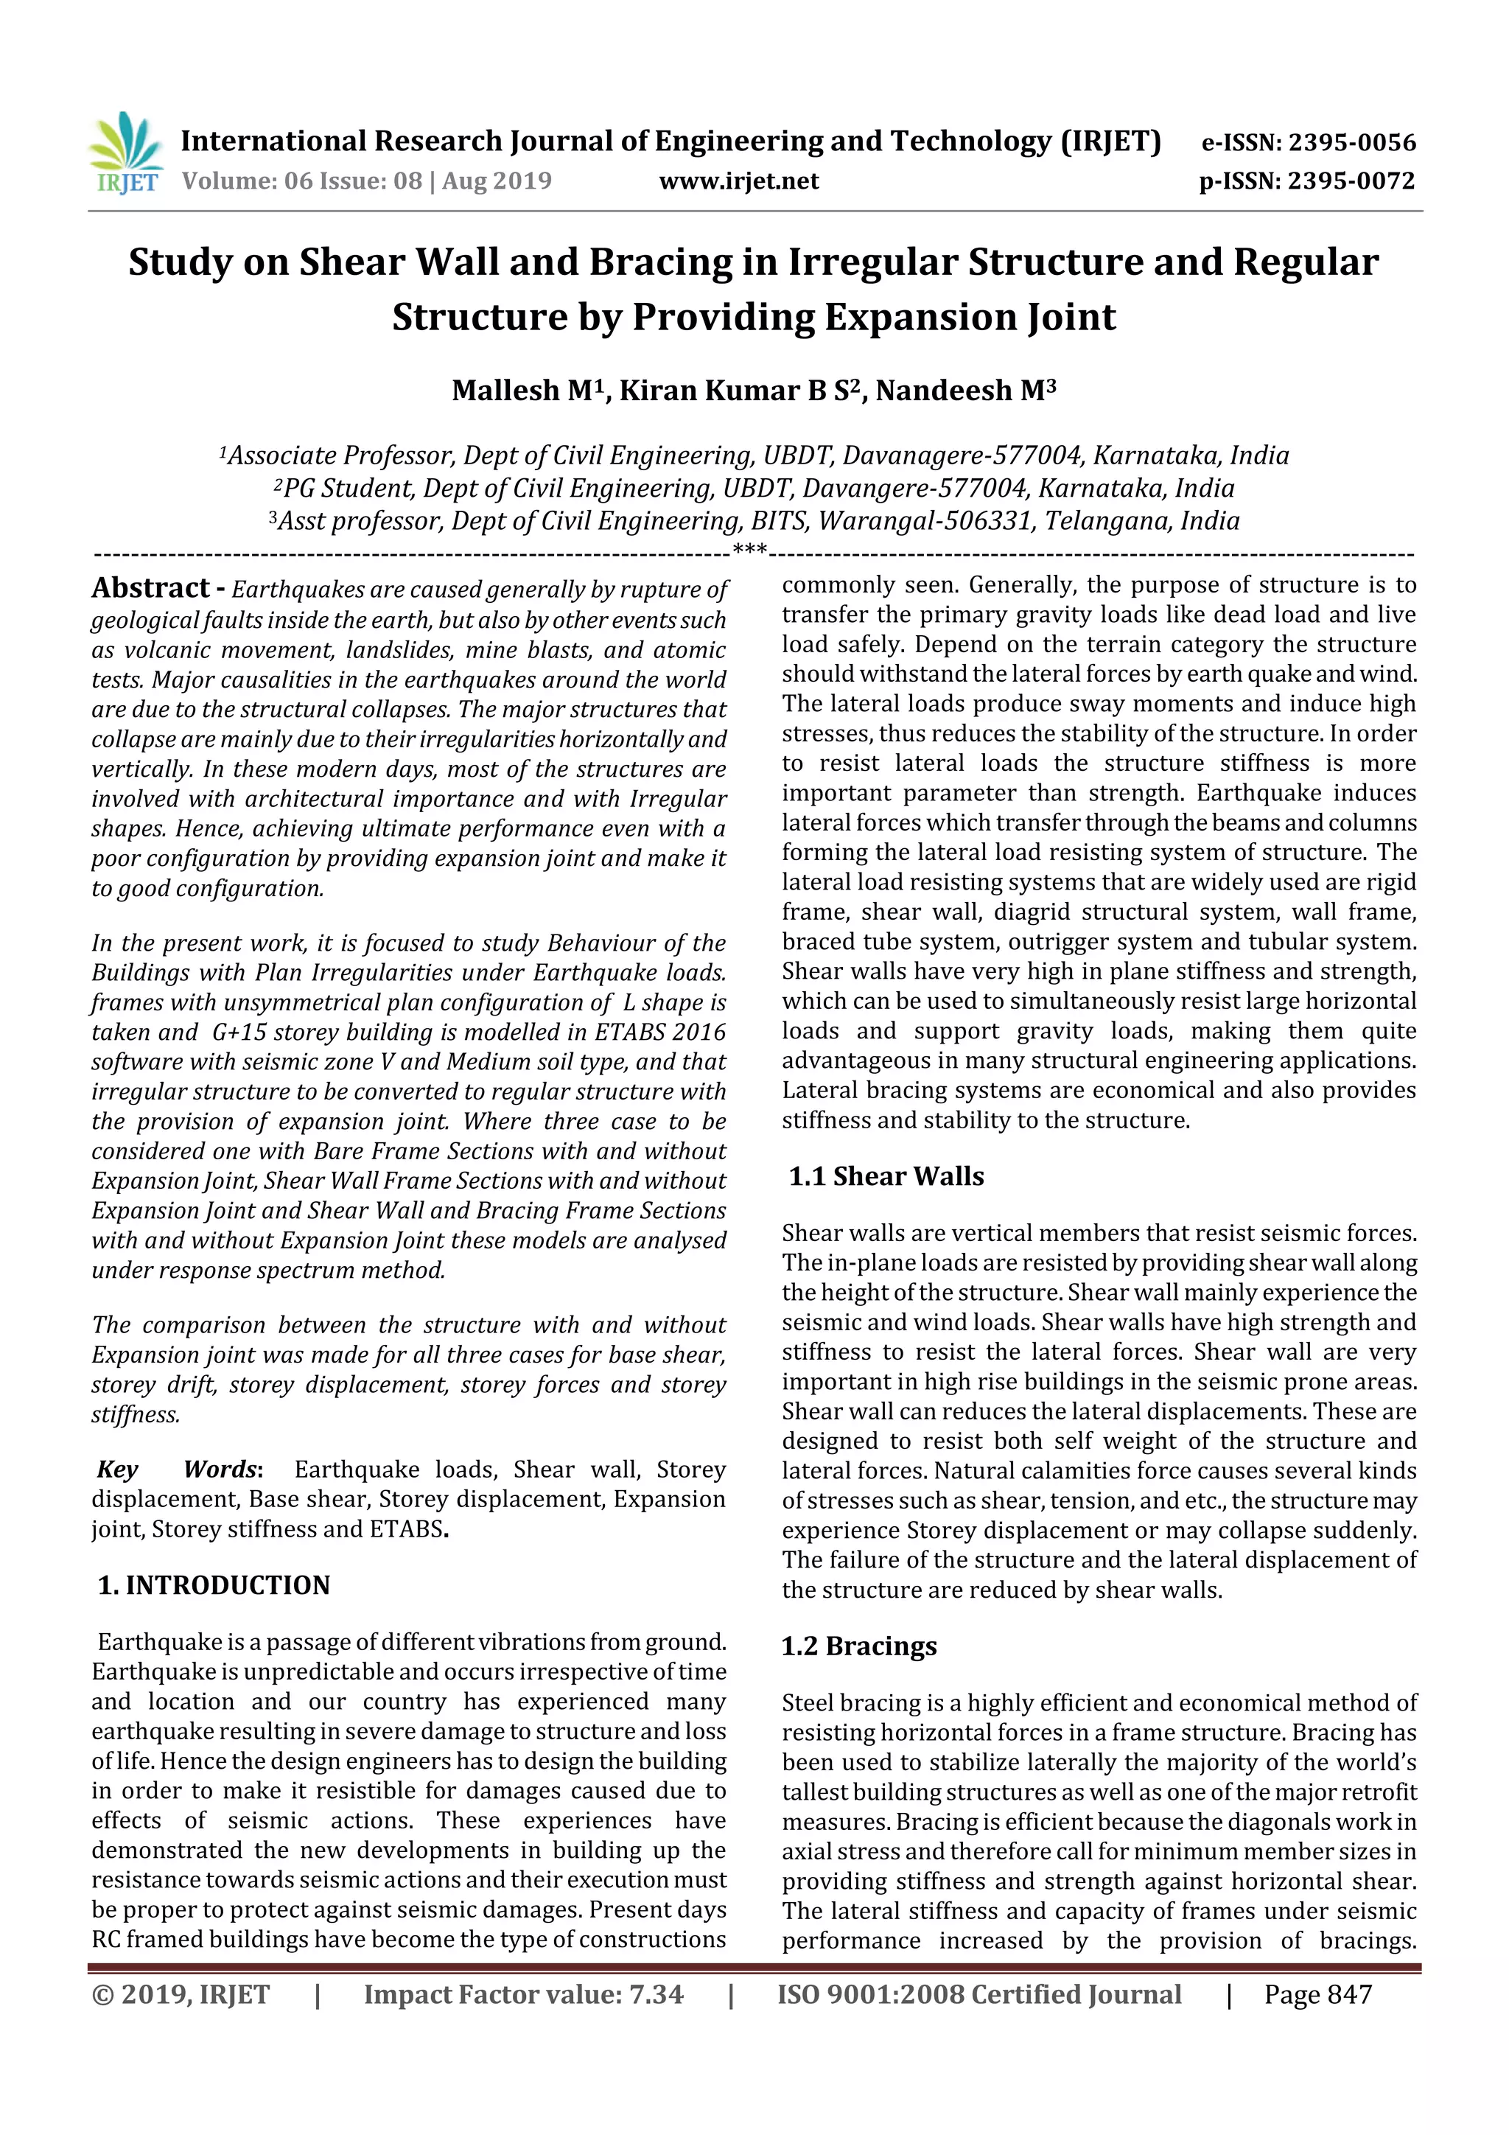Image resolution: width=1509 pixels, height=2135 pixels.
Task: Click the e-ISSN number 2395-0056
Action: click(x=1352, y=142)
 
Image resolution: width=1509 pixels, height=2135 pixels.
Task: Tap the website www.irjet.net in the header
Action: click(x=738, y=181)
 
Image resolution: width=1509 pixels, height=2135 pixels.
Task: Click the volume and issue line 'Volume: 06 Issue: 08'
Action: click(x=302, y=181)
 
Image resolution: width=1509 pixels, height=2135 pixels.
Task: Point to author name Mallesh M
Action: click(x=521, y=391)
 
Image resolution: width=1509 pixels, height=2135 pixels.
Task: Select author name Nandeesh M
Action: click(x=965, y=391)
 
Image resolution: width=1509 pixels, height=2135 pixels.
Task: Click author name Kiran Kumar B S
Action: click(x=741, y=391)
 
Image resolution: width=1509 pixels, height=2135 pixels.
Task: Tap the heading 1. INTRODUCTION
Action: click(x=214, y=1584)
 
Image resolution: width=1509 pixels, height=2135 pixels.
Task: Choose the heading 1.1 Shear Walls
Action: click(x=886, y=1176)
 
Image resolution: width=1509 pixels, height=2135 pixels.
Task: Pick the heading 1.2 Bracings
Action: click(x=859, y=1646)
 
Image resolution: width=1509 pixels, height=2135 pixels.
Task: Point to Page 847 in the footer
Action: click(x=1317, y=1994)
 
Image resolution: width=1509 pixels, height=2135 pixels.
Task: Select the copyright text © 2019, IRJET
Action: click(x=181, y=1994)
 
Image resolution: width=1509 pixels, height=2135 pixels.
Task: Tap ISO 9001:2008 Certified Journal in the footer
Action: click(x=979, y=1994)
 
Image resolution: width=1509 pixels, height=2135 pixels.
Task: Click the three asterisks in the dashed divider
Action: click(x=749, y=551)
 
